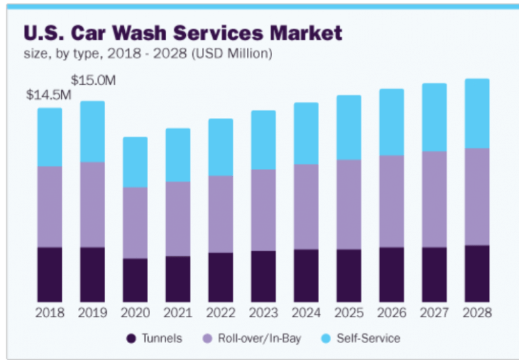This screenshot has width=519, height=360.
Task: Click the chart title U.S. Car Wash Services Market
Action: click(183, 32)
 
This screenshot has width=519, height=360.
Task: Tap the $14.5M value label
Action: click(49, 94)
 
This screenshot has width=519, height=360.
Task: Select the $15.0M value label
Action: click(93, 80)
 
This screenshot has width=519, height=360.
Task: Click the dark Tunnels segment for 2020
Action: click(135, 280)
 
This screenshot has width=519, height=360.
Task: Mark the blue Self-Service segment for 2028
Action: click(477, 113)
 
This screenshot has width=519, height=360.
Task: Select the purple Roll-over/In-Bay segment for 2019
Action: click(93, 204)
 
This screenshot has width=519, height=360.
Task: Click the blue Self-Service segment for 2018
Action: click(50, 137)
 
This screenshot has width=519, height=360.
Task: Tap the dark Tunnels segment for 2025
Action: click(349, 275)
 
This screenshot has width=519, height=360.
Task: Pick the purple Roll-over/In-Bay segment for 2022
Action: click(220, 213)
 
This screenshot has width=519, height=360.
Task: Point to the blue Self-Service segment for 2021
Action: click(177, 154)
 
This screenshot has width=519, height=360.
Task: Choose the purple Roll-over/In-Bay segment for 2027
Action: click(434, 199)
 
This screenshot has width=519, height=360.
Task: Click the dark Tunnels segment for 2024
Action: click(306, 275)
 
